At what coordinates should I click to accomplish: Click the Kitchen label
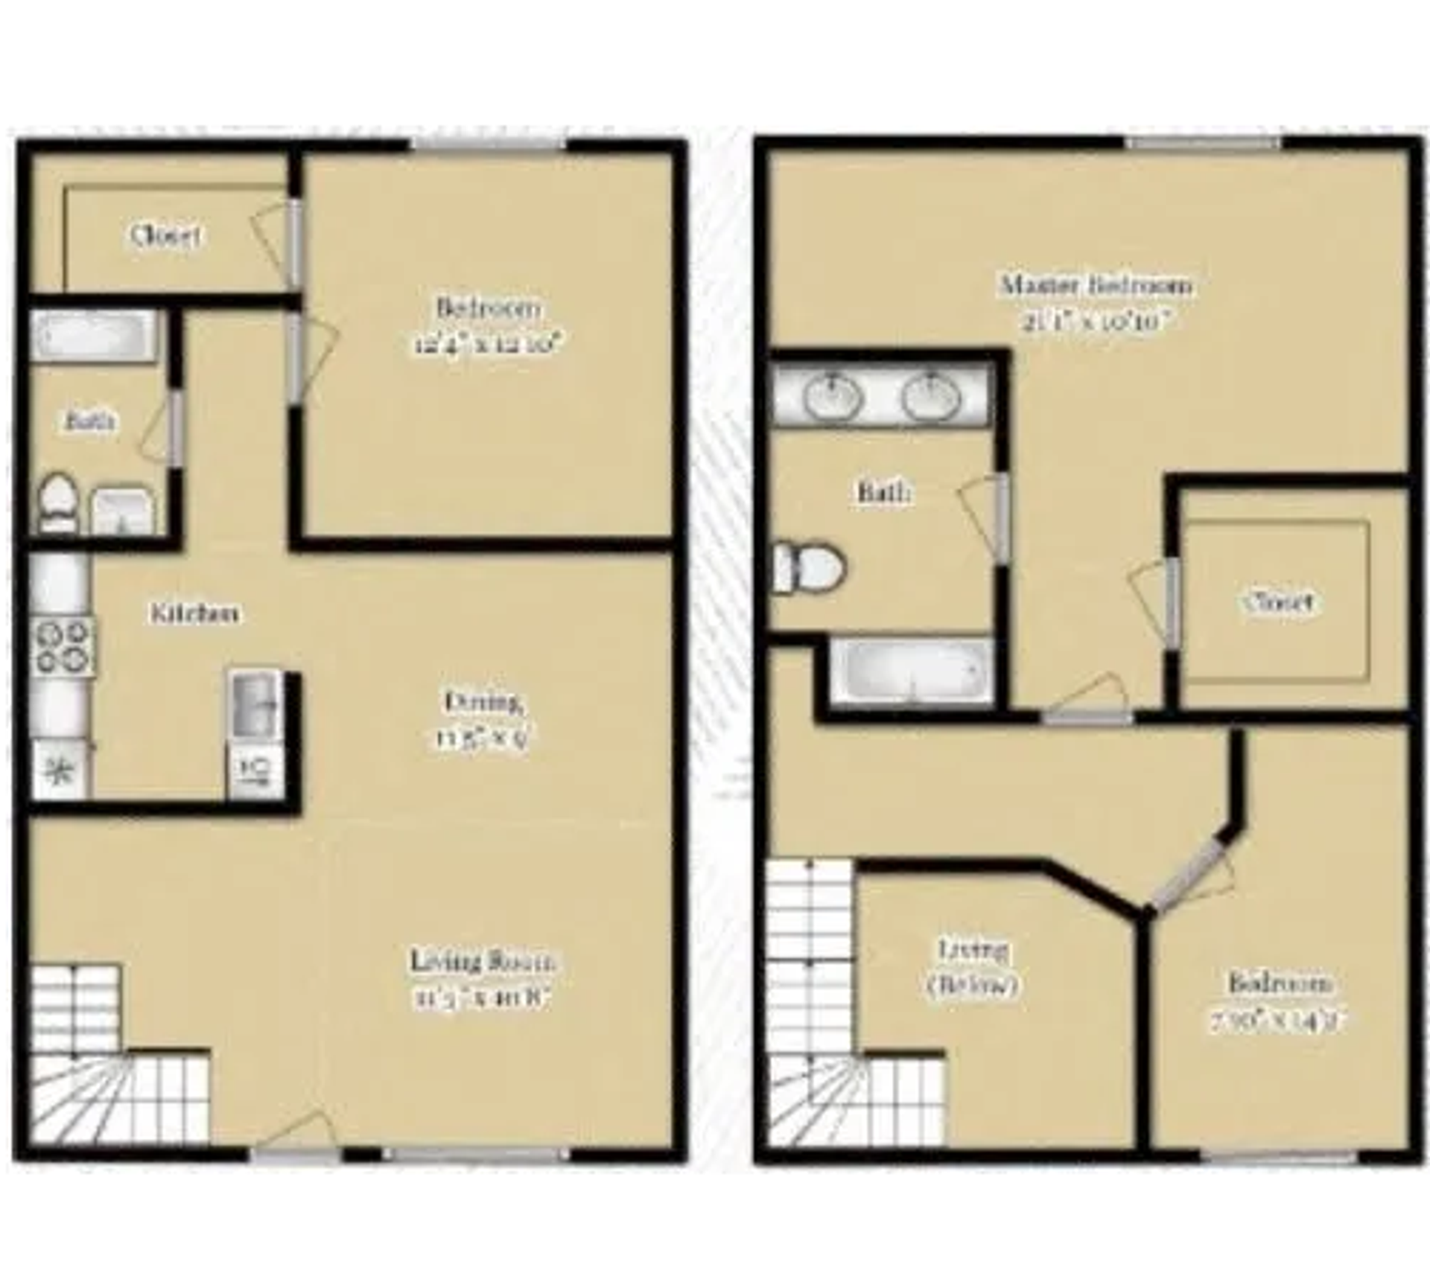point(195,613)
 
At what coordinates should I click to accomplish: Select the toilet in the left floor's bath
point(57,502)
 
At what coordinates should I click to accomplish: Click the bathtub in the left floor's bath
point(94,336)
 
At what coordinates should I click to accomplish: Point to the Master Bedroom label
point(1096,285)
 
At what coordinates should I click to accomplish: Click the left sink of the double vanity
point(833,395)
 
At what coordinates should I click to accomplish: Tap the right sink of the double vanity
point(931,395)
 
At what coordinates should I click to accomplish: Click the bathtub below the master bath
point(912,671)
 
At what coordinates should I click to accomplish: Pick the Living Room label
point(483,961)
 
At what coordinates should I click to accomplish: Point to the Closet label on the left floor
point(165,236)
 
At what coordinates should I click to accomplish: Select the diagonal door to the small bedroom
point(1190,872)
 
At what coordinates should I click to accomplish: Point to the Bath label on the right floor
point(883,492)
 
